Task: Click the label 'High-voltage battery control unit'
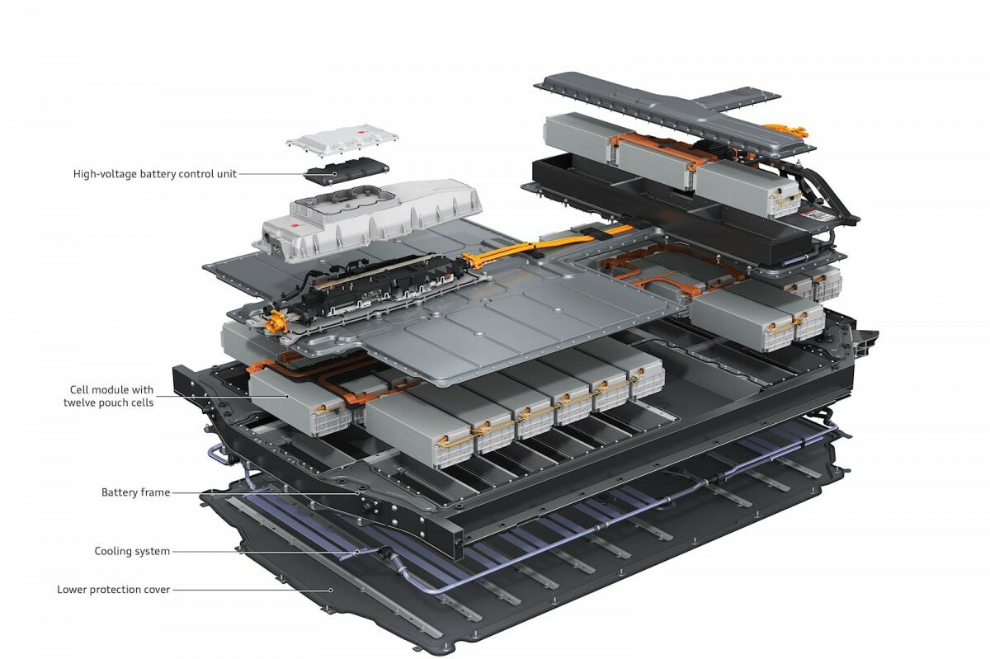[155, 174]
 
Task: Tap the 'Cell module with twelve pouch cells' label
[108, 396]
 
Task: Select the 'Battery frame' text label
[135, 492]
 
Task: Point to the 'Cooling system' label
[132, 551]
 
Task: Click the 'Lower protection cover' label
[114, 589]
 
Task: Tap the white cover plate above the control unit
[342, 139]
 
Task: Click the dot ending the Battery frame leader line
[358, 493]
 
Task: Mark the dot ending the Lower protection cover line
[330, 590]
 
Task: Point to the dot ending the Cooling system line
[357, 552]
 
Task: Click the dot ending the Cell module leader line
[288, 397]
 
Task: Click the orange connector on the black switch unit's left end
[276, 321]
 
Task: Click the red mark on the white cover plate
[361, 132]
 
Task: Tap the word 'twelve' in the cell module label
[81, 402]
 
